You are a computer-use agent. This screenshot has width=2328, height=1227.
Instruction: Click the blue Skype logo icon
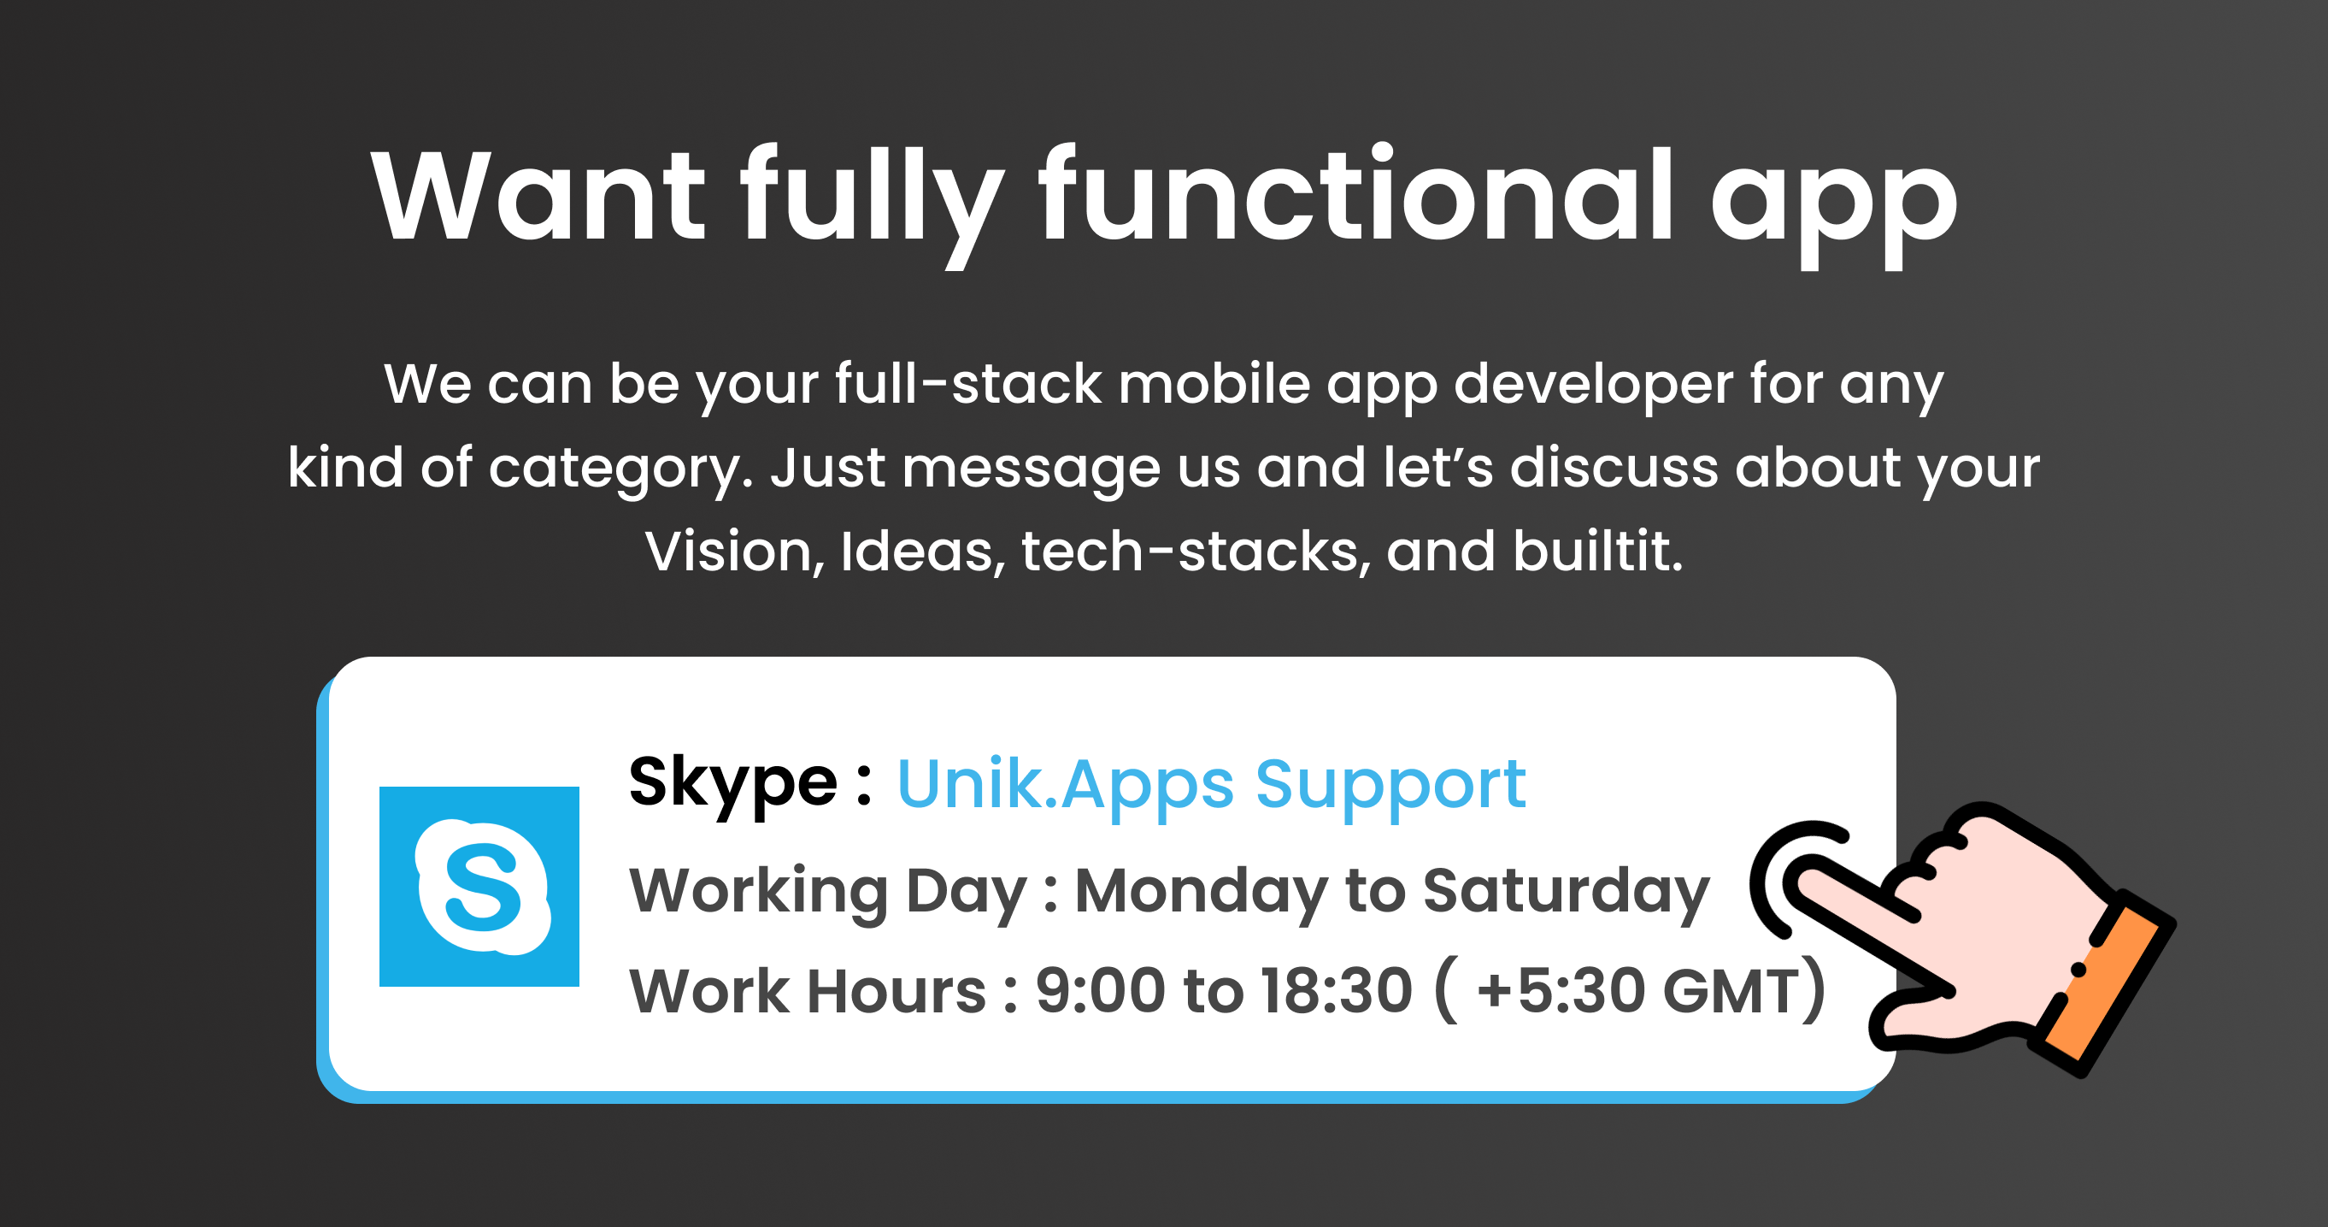coord(479,886)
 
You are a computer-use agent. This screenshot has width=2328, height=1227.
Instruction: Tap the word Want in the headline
coord(538,195)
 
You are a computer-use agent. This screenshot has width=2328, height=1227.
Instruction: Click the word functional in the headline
coord(1355,193)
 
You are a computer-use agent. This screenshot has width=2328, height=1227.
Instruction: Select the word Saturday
coord(1567,894)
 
